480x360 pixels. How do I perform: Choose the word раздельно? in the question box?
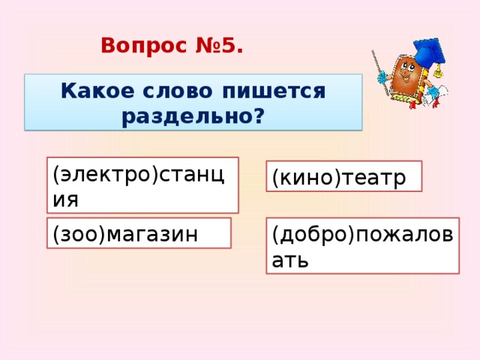point(193,116)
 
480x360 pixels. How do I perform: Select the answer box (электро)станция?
point(142,184)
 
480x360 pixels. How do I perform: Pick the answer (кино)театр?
point(343,176)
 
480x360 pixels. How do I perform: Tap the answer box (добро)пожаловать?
point(361,245)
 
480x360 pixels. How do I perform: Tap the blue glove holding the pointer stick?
point(382,77)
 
